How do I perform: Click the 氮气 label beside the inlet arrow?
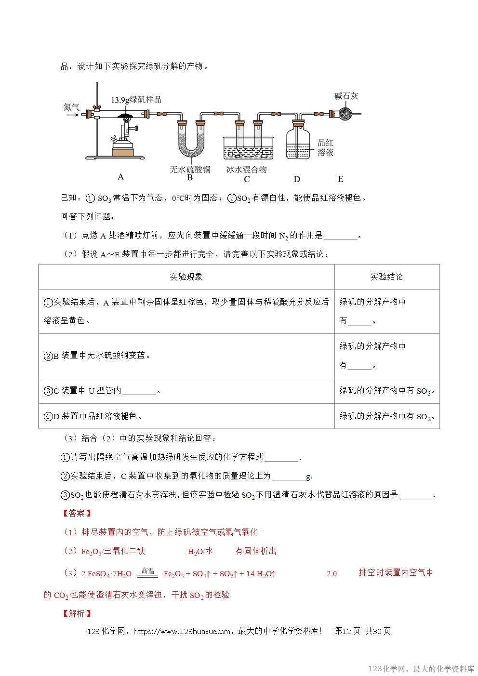[x=72, y=106]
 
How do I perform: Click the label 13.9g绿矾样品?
[x=136, y=100]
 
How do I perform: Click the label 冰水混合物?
[x=247, y=169]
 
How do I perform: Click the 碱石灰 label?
[x=346, y=96]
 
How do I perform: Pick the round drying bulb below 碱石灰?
[x=345, y=114]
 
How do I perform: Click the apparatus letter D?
[x=297, y=179]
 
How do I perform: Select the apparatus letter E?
[x=340, y=179]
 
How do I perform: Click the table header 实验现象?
[x=186, y=277]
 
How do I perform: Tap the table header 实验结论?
[x=386, y=277]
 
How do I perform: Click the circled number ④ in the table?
[x=48, y=416]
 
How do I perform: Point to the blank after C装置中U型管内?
[x=139, y=391]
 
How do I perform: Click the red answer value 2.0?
[x=332, y=573]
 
